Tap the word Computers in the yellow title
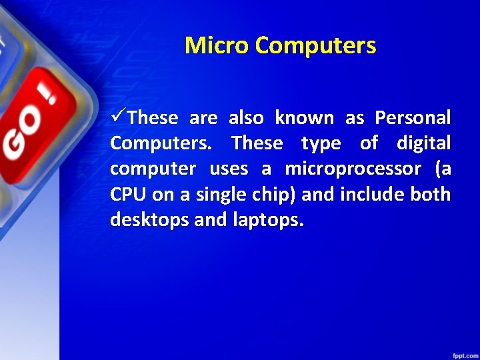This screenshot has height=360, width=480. (x=315, y=46)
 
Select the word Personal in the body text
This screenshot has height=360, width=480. (x=413, y=118)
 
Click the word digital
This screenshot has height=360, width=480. (x=423, y=143)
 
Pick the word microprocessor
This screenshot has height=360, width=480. (x=353, y=169)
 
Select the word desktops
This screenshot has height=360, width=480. (x=149, y=220)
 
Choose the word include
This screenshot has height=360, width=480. (x=366, y=195)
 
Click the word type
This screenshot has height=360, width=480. (x=321, y=143)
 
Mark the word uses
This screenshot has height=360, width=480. (x=229, y=169)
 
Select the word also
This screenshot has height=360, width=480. (x=246, y=118)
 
